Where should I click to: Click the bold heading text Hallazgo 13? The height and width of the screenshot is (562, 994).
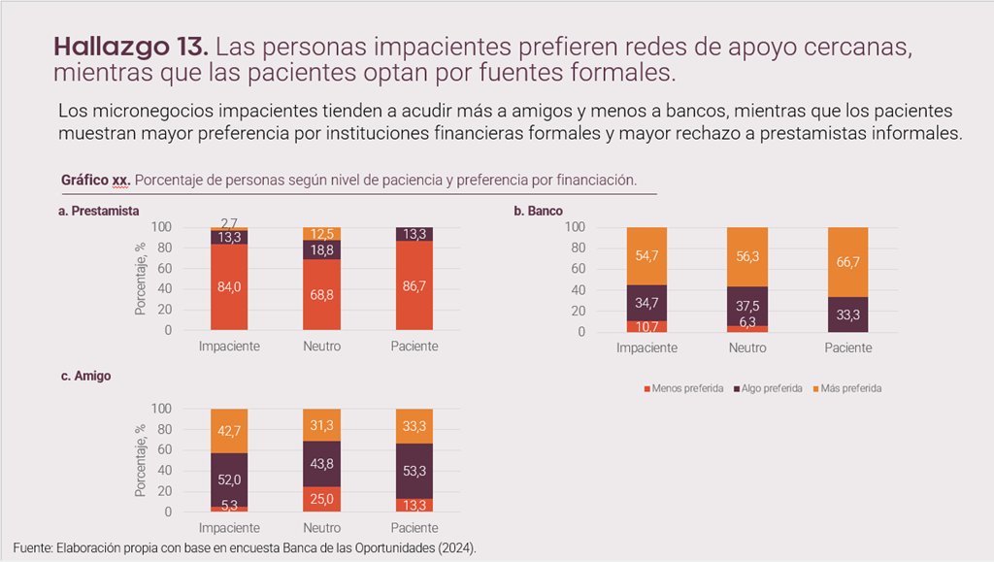[130, 46]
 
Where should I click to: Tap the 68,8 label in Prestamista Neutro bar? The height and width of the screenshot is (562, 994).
[321, 295]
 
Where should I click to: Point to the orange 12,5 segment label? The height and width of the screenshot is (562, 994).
[321, 234]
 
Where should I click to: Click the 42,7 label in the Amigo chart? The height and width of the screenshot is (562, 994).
[229, 429]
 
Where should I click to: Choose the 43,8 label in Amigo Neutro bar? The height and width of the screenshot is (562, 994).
[321, 464]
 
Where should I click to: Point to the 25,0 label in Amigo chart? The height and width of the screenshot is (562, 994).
[321, 499]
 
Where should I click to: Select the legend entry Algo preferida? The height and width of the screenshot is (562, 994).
[770, 388]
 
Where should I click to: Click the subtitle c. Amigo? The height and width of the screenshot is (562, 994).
[85, 376]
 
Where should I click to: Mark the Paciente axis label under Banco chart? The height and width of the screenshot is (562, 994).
[846, 347]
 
